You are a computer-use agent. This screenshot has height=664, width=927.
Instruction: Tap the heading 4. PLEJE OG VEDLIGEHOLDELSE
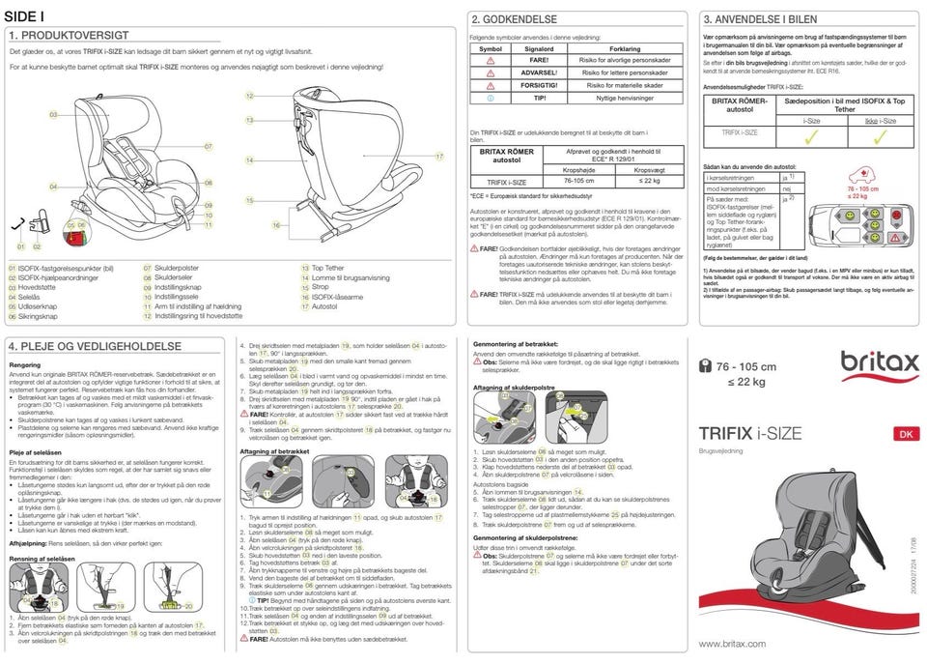[95, 345]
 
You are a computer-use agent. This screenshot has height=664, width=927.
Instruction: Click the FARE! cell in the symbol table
[538, 59]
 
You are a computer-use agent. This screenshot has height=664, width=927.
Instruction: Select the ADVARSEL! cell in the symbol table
[538, 72]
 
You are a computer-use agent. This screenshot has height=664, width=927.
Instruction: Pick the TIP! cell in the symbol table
[538, 97]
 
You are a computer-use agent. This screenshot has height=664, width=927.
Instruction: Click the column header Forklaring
[625, 47]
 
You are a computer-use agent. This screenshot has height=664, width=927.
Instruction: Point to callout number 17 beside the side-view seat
[438, 155]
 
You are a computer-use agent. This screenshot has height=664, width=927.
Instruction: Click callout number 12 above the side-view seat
[249, 97]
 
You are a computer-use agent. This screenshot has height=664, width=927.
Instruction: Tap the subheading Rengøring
[24, 365]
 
